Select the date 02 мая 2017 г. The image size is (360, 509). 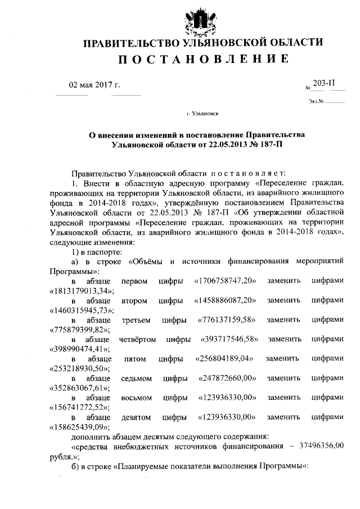(x=94, y=85)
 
